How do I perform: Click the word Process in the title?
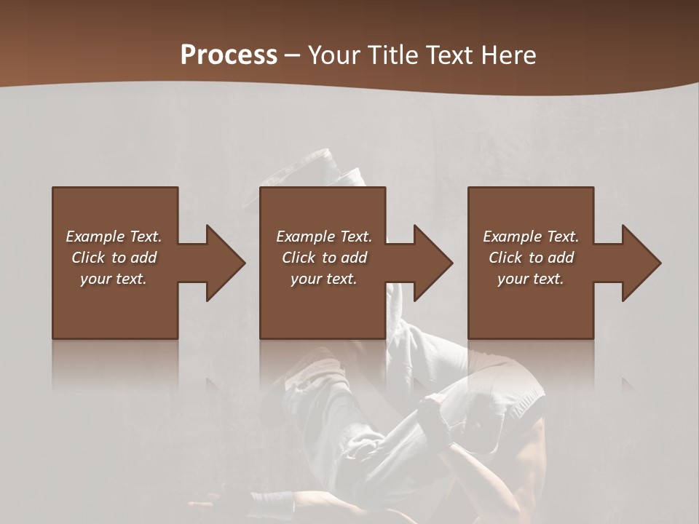tap(229, 55)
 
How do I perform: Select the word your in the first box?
tap(95, 279)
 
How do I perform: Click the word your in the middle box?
tap(306, 279)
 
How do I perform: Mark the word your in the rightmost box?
tap(513, 279)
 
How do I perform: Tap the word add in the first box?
tap(143, 258)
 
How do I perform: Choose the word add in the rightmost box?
tap(561, 258)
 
